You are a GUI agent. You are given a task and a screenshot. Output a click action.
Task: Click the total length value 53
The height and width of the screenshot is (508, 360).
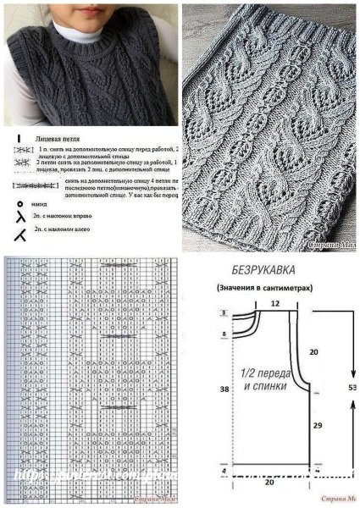tap(352, 386)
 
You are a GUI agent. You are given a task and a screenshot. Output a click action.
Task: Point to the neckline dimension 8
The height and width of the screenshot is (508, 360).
tap(224, 335)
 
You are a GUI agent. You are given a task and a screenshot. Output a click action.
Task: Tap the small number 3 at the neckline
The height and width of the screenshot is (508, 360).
tap(224, 314)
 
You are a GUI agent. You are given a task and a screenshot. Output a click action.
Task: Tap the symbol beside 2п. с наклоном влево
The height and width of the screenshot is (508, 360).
tap(19, 230)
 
